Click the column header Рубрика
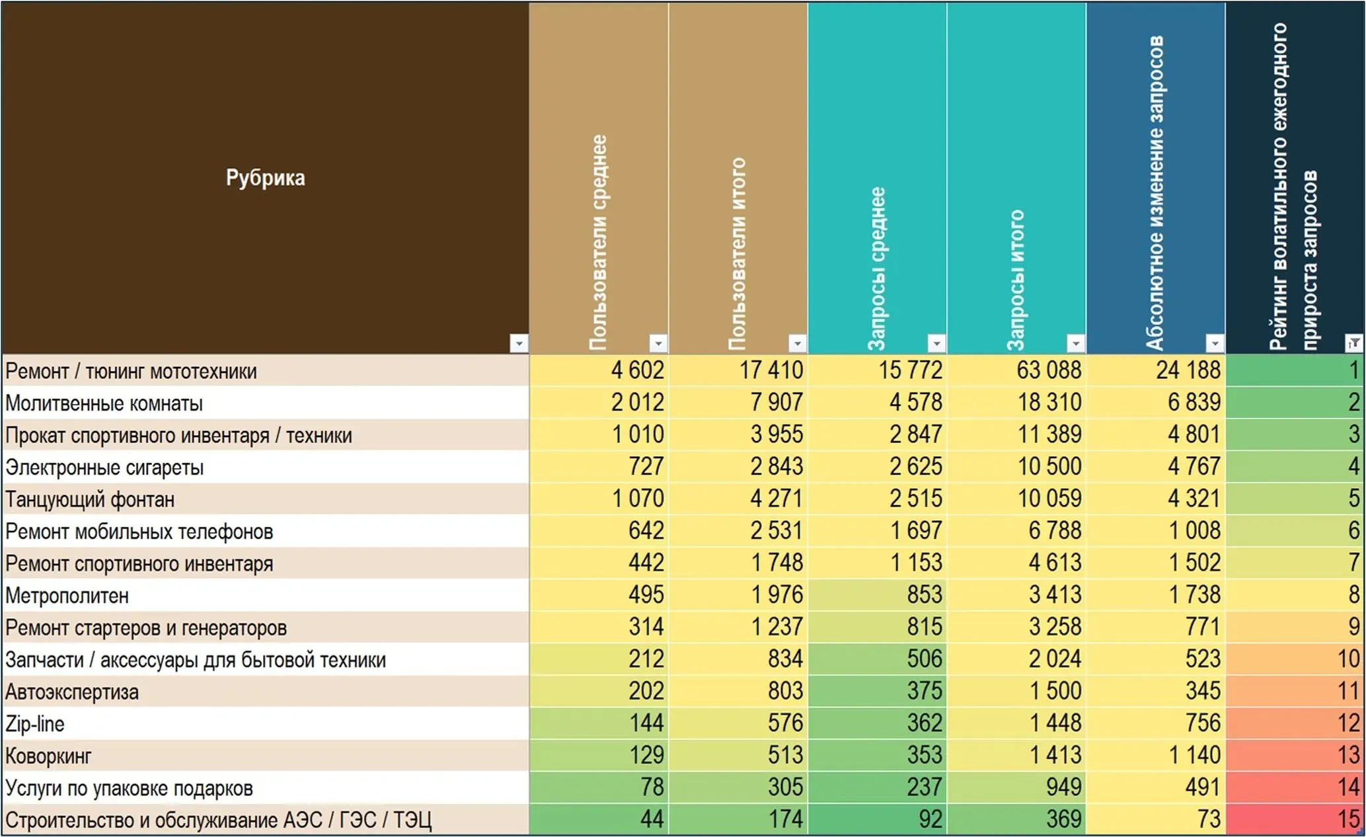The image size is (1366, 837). [x=265, y=178]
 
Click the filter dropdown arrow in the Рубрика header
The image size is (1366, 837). [x=519, y=343]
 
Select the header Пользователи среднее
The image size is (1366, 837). [x=598, y=242]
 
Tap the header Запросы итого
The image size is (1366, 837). [x=1016, y=280]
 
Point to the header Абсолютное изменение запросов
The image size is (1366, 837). [x=1155, y=192]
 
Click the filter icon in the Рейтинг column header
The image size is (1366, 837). [x=1354, y=343]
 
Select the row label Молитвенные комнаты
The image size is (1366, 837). [x=104, y=403]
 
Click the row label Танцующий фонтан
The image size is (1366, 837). [x=90, y=499]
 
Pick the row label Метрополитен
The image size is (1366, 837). [x=67, y=596]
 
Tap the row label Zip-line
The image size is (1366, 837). [x=35, y=724]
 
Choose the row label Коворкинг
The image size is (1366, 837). [x=48, y=756]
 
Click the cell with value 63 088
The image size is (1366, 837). [x=1016, y=370]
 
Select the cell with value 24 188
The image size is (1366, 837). [x=1156, y=370]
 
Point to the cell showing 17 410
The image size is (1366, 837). [x=738, y=370]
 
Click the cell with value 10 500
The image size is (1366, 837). [x=1016, y=466]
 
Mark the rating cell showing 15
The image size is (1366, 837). [x=1295, y=820]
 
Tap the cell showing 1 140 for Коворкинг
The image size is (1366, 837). [x=1156, y=755]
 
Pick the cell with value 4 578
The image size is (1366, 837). [x=877, y=402]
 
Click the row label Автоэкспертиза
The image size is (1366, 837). [x=72, y=692]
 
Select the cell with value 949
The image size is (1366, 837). [x=1016, y=787]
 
